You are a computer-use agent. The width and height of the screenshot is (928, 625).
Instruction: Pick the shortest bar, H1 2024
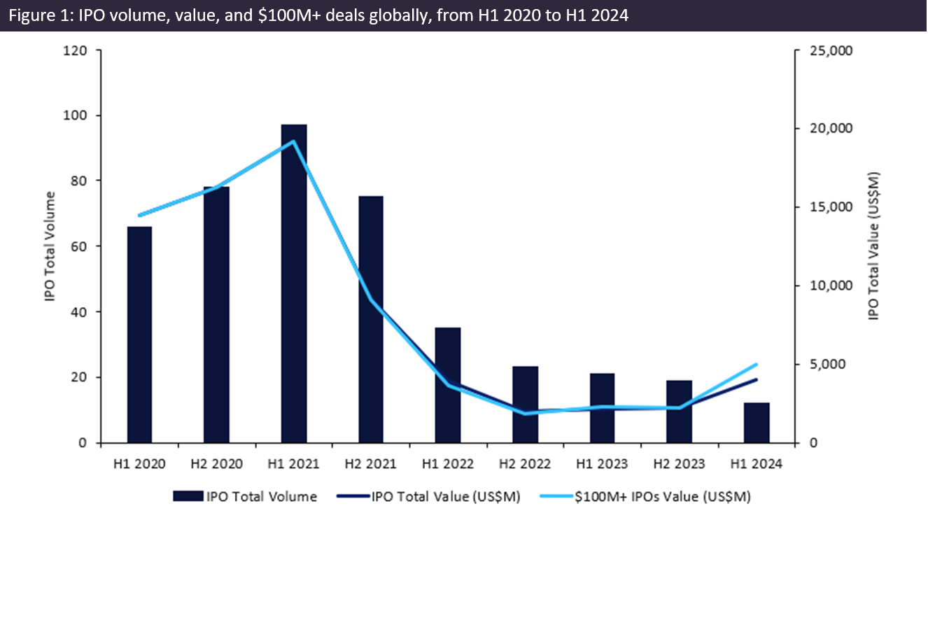click(757, 423)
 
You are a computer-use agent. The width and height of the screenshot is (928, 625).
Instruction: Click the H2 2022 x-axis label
click(525, 464)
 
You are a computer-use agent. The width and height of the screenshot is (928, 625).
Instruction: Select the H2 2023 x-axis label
click(679, 464)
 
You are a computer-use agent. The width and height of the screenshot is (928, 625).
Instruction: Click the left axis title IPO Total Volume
click(50, 246)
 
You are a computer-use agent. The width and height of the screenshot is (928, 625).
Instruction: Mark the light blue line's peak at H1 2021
click(293, 141)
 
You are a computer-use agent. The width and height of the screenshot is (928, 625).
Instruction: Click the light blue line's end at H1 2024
click(757, 364)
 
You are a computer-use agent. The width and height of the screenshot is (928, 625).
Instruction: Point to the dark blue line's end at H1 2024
click(757, 379)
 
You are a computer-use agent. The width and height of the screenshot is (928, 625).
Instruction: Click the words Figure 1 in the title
click(35, 15)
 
